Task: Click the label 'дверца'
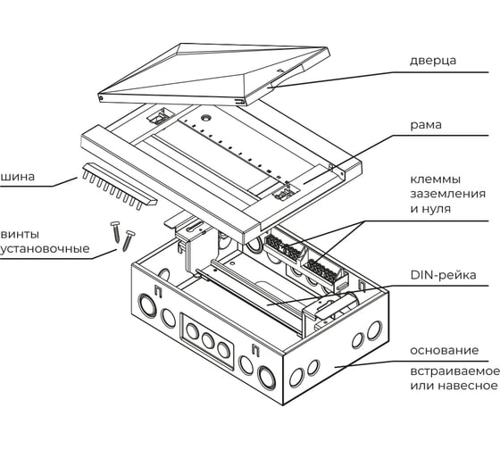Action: pos(433,61)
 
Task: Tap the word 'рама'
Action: pos(426,125)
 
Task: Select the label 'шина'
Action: pos(17,177)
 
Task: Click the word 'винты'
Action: pos(20,235)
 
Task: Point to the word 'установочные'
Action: pos(45,249)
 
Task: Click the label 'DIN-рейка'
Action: pos(443,275)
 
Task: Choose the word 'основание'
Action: pos(445,351)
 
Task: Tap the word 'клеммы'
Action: pos(436,179)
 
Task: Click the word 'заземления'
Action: pos(447,194)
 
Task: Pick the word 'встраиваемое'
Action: pos(455,371)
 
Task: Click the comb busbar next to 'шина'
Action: pos(120,186)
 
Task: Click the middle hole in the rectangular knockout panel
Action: pos(208,340)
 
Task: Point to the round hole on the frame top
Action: pos(205,118)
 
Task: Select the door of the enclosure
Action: pos(213,74)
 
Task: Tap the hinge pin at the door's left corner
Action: pos(100,98)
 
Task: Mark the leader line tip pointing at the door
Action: pos(269,86)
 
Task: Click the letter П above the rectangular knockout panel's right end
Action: pos(255,349)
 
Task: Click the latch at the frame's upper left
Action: pos(161,116)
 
